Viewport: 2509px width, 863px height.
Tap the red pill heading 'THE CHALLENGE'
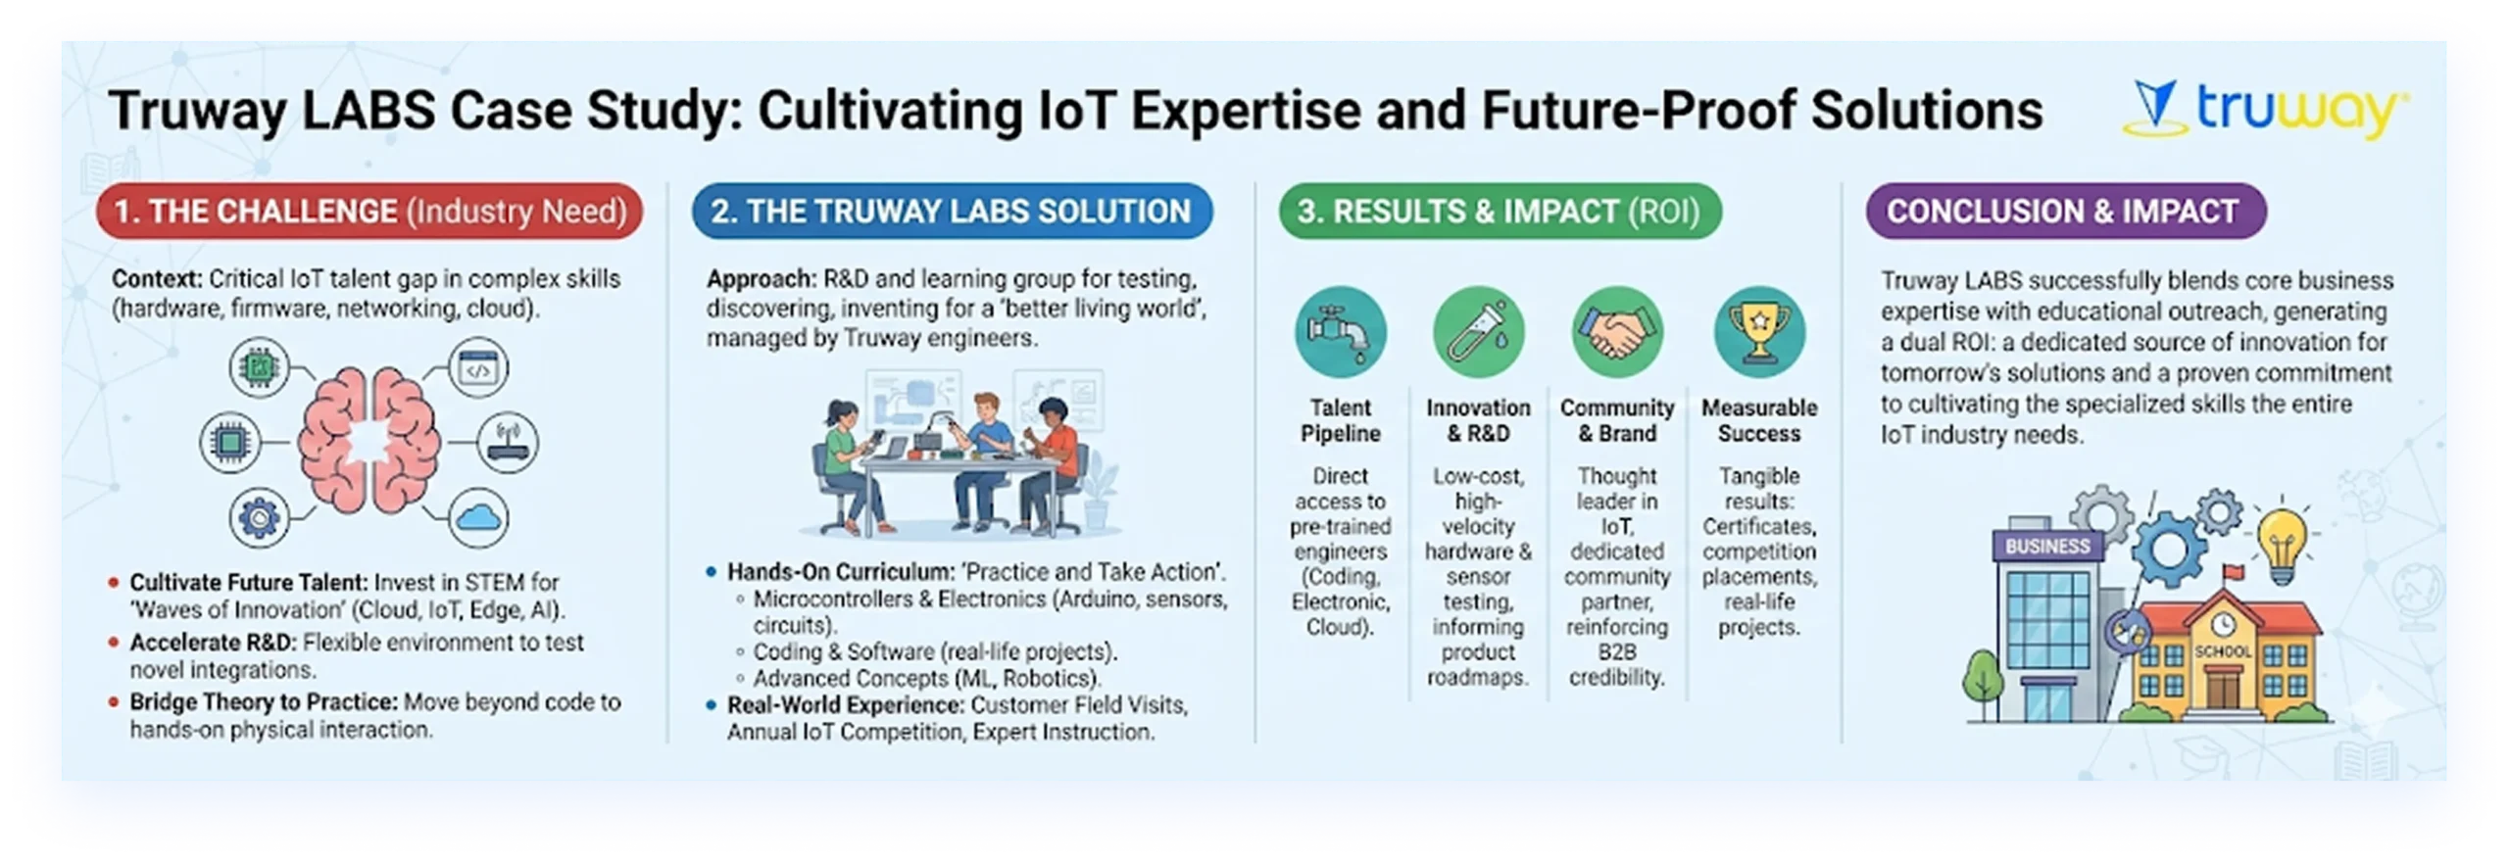click(x=369, y=211)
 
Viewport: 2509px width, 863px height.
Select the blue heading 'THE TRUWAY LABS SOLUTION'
click(x=952, y=211)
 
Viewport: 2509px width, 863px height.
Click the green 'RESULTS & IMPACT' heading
click(x=1500, y=211)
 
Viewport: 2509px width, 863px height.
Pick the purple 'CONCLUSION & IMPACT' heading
click(x=2066, y=211)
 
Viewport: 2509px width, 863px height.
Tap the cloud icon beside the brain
click(x=479, y=517)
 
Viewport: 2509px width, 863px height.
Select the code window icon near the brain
click(x=478, y=368)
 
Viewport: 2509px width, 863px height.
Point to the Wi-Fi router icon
click(x=507, y=443)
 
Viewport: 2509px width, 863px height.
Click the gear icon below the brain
click(x=259, y=516)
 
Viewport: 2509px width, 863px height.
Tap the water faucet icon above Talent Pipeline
click(x=1340, y=332)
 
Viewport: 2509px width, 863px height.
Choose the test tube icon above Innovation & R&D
click(x=1478, y=332)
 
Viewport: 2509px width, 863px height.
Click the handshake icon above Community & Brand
click(x=1617, y=332)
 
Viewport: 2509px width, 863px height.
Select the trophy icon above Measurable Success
click(x=1759, y=332)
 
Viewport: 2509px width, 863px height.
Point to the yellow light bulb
click(x=2283, y=545)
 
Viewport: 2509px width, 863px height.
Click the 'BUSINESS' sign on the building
click(x=2047, y=546)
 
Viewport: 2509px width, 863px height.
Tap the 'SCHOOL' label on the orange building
click(x=2223, y=651)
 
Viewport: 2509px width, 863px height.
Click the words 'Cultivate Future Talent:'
click(x=249, y=582)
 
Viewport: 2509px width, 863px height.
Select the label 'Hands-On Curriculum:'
click(x=841, y=572)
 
